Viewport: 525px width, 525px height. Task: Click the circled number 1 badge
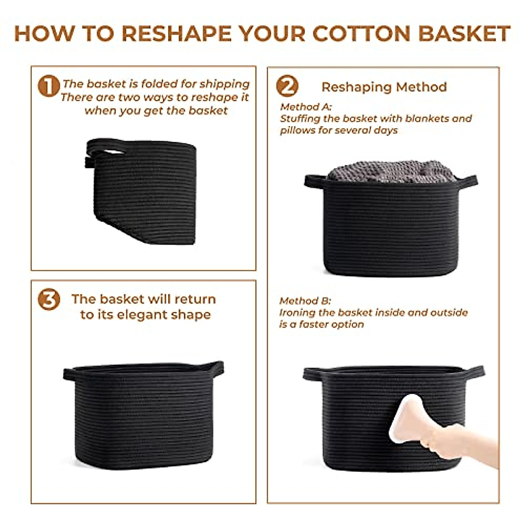click(48, 86)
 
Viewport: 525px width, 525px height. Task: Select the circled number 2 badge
click(287, 86)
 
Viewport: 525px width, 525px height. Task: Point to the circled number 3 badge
click(48, 300)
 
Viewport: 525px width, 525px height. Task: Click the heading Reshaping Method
click(384, 87)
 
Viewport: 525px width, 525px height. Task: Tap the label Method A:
click(306, 107)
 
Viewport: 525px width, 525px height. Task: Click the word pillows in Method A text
click(296, 130)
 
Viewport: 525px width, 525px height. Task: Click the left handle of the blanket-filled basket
click(314, 180)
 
